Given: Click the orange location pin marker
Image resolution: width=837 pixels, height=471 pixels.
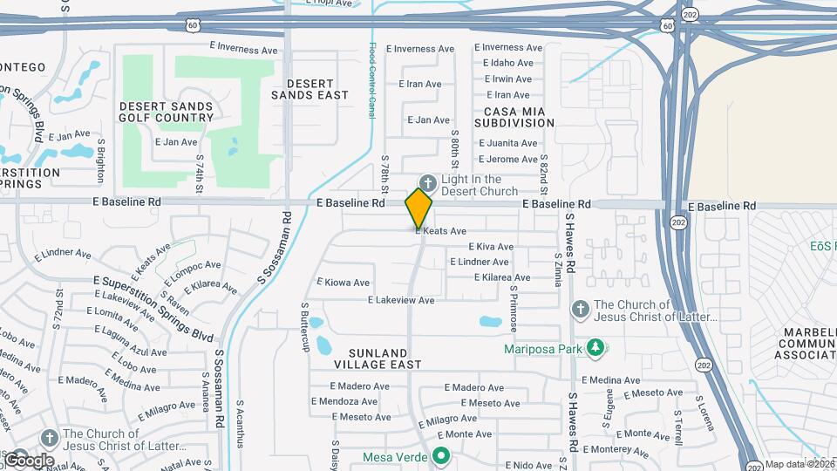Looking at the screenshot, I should coord(418,208).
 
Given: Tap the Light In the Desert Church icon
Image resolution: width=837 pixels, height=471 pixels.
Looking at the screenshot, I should coord(427,182).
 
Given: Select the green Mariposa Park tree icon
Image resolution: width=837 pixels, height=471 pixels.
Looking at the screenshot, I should coord(596,349).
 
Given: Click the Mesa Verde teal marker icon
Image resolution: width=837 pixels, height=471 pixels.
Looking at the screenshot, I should coord(441,456).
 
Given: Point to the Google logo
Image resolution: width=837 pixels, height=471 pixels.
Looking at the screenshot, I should coord(29,460).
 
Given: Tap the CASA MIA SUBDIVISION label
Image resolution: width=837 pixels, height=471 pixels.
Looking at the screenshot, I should coord(514,116).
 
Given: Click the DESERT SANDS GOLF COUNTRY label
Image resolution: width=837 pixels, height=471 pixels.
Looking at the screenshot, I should coord(167,111).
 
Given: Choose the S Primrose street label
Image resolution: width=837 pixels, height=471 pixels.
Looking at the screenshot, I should coord(514,310).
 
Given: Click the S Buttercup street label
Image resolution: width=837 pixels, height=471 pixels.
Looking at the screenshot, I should coord(306,327).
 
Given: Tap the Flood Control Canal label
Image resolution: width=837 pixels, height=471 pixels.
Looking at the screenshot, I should coord(372,81).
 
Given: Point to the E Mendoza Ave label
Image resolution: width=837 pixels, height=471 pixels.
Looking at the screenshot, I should coord(344,401).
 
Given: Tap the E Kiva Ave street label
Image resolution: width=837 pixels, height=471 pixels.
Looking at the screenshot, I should coord(491,247).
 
